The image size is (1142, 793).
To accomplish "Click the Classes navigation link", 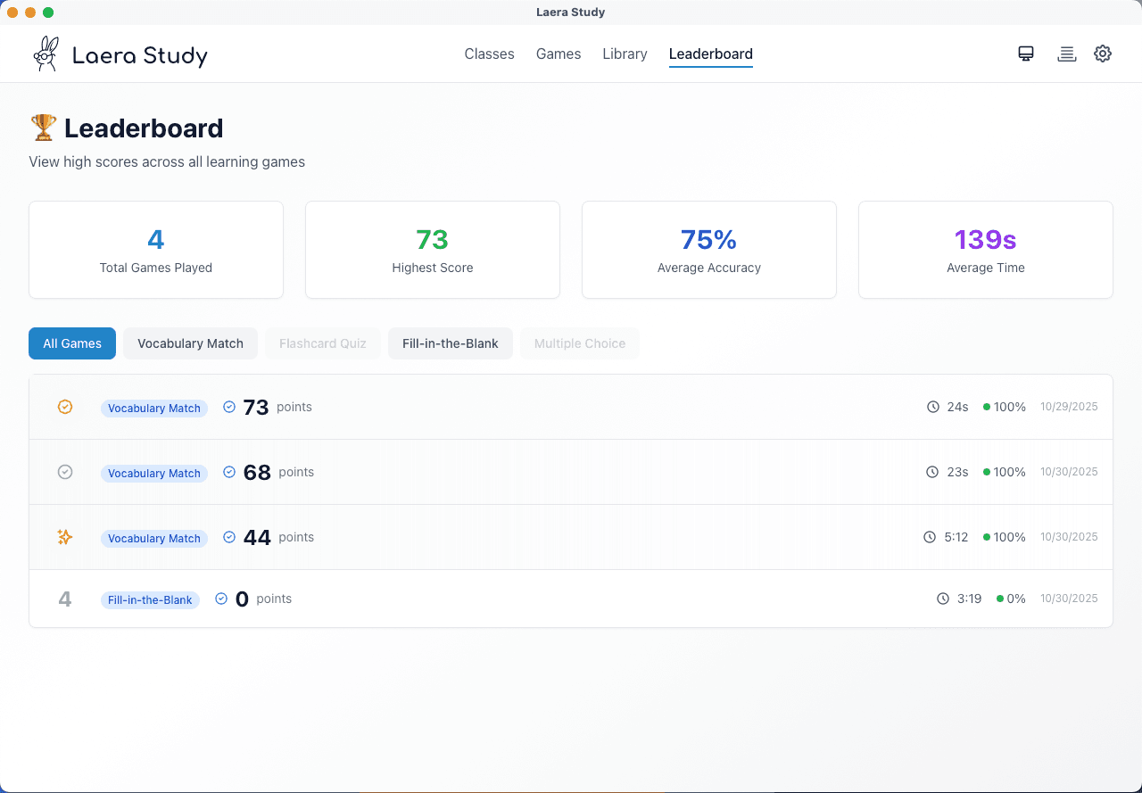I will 489,54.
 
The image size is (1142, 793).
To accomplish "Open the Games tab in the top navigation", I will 559,54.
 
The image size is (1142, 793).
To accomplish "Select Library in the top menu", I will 625,54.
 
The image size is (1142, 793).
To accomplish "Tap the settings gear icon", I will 1103,54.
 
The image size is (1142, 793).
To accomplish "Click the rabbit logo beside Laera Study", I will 46,54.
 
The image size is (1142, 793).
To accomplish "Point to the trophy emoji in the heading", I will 43,128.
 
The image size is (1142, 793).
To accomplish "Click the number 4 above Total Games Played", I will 156,240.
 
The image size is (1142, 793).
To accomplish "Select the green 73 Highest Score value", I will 432,240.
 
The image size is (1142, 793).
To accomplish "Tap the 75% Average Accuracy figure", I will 708,240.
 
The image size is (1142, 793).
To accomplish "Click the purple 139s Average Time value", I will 985,240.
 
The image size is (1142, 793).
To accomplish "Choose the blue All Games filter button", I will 72,343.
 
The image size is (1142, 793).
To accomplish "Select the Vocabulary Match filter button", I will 190,343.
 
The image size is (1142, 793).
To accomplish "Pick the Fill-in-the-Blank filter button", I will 450,343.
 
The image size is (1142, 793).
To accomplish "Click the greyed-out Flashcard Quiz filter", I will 323,343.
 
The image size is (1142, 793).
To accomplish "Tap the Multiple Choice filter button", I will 580,343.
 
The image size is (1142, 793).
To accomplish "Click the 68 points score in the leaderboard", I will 257,472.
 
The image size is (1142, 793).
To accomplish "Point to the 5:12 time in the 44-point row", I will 956,537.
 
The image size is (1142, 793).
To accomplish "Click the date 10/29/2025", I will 1069,407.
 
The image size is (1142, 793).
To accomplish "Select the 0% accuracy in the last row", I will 1015,599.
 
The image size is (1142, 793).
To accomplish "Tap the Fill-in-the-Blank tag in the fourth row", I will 150,600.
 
